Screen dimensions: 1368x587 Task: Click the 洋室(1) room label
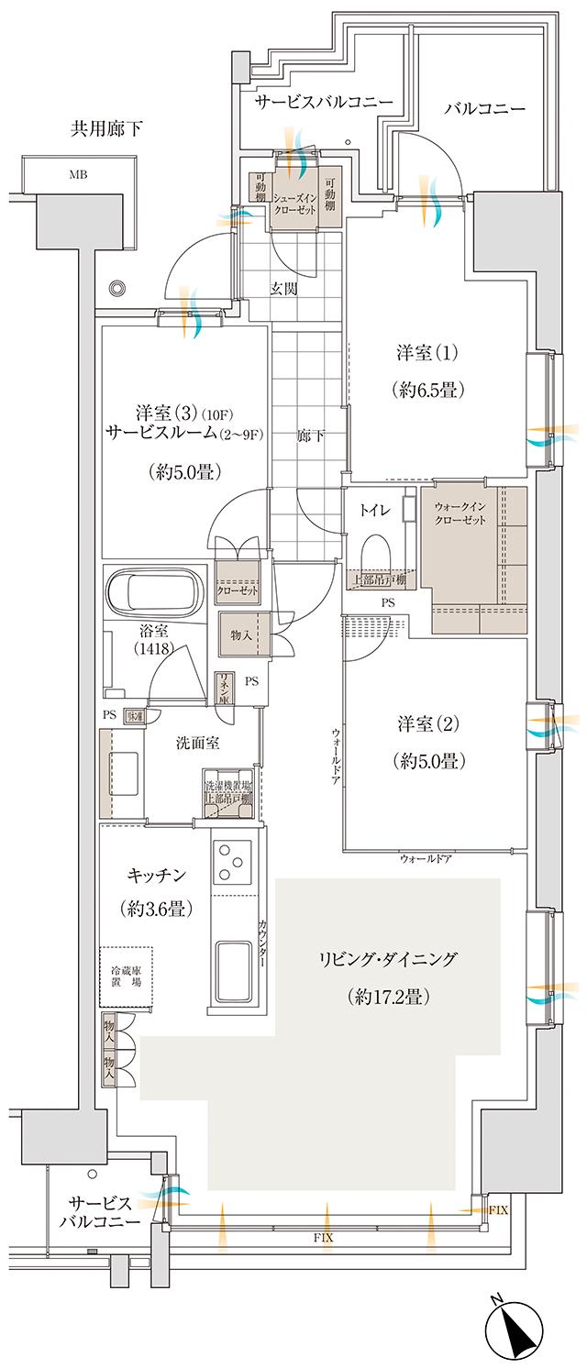click(x=427, y=353)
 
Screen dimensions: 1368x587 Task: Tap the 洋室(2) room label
click(x=427, y=722)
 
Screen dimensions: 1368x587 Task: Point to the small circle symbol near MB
click(x=116, y=287)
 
